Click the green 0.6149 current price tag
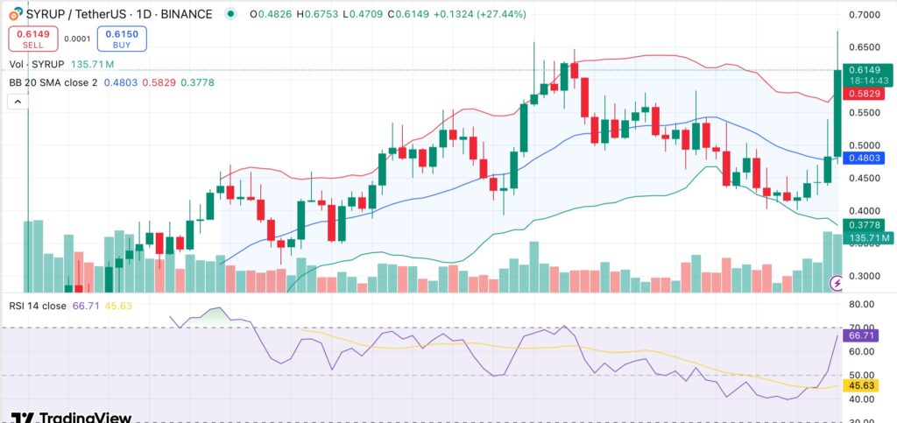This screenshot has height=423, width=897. (867, 70)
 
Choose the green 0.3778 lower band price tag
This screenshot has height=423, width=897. (867, 225)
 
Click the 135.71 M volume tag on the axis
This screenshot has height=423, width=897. (867, 237)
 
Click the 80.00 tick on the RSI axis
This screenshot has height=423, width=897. (867, 305)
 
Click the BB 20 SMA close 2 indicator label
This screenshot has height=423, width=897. (52, 82)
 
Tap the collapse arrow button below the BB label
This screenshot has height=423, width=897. (17, 102)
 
